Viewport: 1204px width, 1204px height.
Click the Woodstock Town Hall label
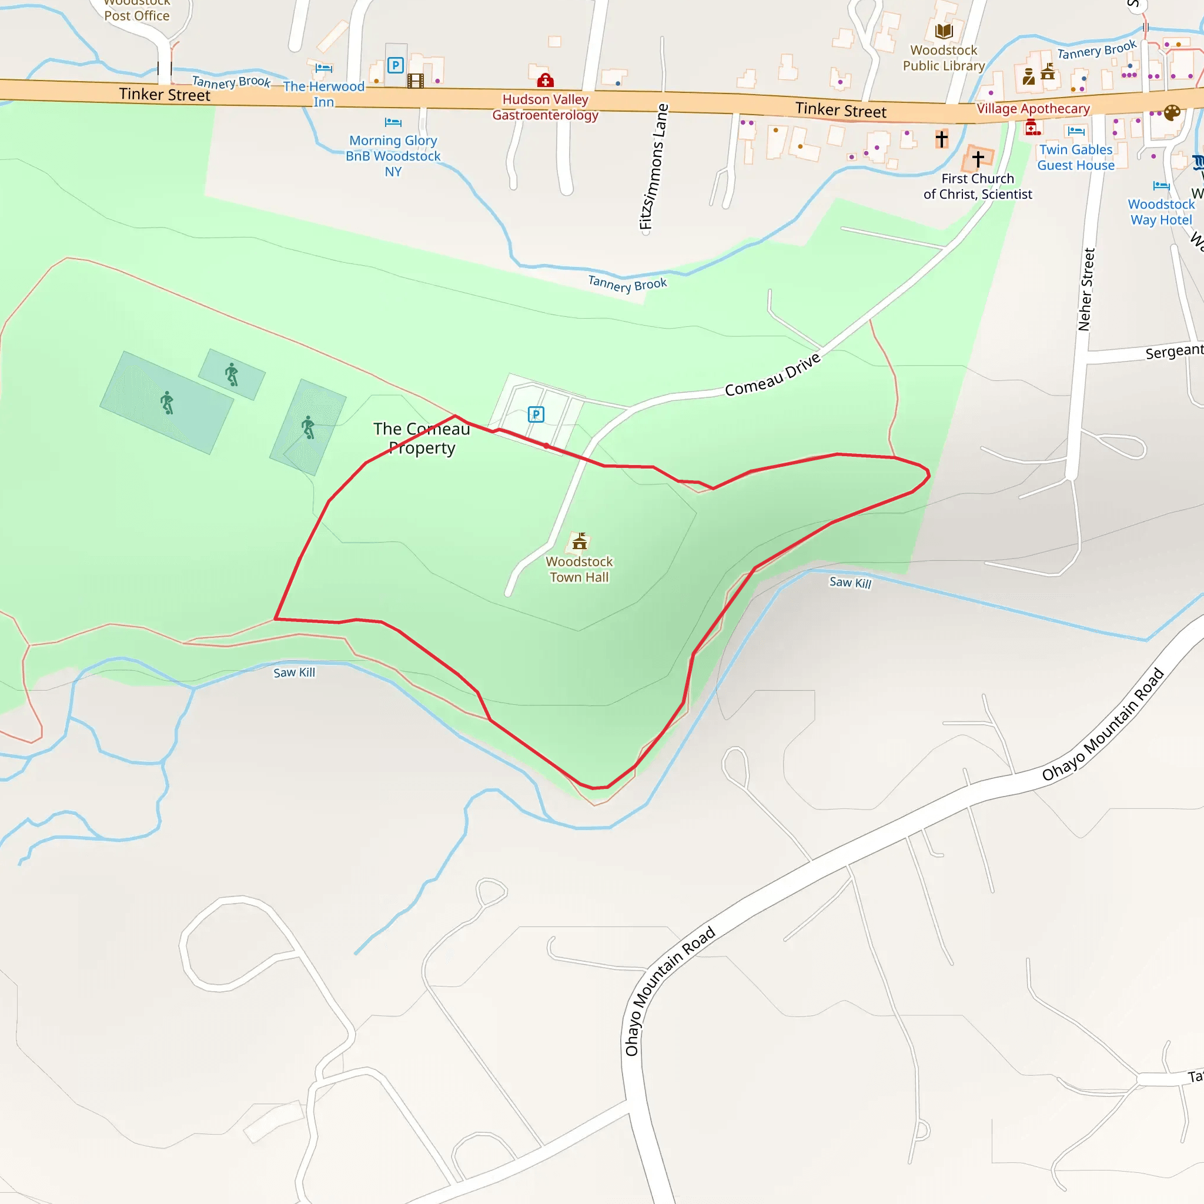[579, 569]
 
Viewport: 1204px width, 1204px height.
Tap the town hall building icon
[580, 541]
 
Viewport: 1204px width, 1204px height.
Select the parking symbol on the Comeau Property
[536, 414]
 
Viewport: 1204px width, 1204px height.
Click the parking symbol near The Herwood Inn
[395, 65]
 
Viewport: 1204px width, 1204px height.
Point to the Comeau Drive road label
[772, 374]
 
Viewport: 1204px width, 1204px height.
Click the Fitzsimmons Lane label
[654, 167]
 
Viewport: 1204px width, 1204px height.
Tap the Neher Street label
[1086, 289]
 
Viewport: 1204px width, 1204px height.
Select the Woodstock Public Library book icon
[944, 31]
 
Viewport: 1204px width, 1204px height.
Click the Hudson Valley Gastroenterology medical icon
[546, 81]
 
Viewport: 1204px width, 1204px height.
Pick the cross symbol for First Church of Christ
[978, 159]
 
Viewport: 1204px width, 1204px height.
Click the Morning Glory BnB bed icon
[393, 122]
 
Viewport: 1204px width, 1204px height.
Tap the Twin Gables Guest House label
[1076, 157]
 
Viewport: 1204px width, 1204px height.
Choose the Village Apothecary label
[1034, 108]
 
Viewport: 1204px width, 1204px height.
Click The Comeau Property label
[422, 438]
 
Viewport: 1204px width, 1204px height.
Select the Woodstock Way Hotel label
[1161, 212]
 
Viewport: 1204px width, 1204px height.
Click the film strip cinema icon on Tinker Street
[415, 81]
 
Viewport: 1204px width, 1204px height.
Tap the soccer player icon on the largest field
[167, 403]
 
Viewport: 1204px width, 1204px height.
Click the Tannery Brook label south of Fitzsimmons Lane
[627, 284]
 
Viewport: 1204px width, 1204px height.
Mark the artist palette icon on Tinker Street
[1172, 113]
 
